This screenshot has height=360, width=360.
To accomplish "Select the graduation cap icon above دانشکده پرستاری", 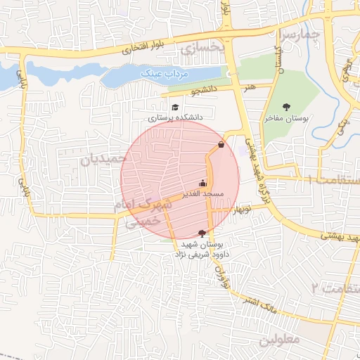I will [x=174, y=108].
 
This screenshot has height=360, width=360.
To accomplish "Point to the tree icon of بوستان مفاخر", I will [x=285, y=107].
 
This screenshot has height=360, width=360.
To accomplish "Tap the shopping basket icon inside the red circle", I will [x=221, y=145].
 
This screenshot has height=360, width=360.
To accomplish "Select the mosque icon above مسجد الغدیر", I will [x=203, y=184].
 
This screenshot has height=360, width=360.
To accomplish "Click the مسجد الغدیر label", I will [x=203, y=193].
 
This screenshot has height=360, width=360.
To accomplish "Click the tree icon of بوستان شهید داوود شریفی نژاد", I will [x=202, y=233].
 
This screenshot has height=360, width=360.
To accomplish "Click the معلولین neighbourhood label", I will [x=280, y=339].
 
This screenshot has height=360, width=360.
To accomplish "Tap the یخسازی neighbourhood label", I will [x=201, y=48].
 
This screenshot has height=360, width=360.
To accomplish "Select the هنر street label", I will [x=249, y=86].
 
